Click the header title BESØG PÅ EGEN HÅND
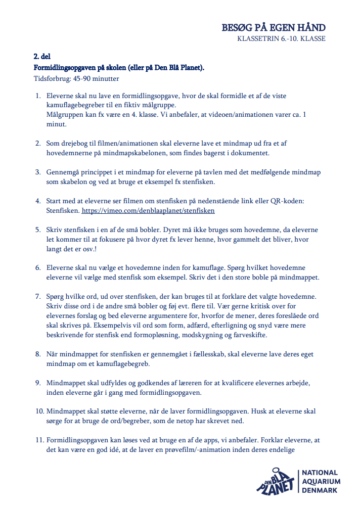click(274, 27)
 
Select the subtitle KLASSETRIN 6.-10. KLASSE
click(281, 39)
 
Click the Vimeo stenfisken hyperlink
click(148, 210)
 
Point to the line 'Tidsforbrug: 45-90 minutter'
click(76, 78)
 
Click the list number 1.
click(38, 96)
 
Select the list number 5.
click(38, 229)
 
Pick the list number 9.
click(38, 383)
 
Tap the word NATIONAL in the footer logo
click(321, 473)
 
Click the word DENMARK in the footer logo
click(320, 490)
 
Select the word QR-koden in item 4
click(287, 201)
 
